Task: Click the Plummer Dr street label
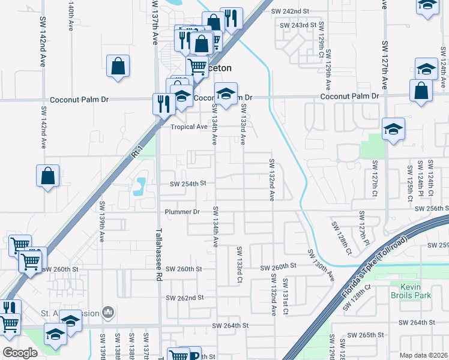click(x=182, y=212)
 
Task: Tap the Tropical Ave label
click(x=189, y=127)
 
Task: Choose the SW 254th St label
click(x=188, y=184)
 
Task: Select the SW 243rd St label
click(x=298, y=25)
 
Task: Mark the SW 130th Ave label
click(x=321, y=265)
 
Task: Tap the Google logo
click(x=20, y=353)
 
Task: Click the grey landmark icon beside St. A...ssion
click(x=109, y=311)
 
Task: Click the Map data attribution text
click(x=424, y=355)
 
